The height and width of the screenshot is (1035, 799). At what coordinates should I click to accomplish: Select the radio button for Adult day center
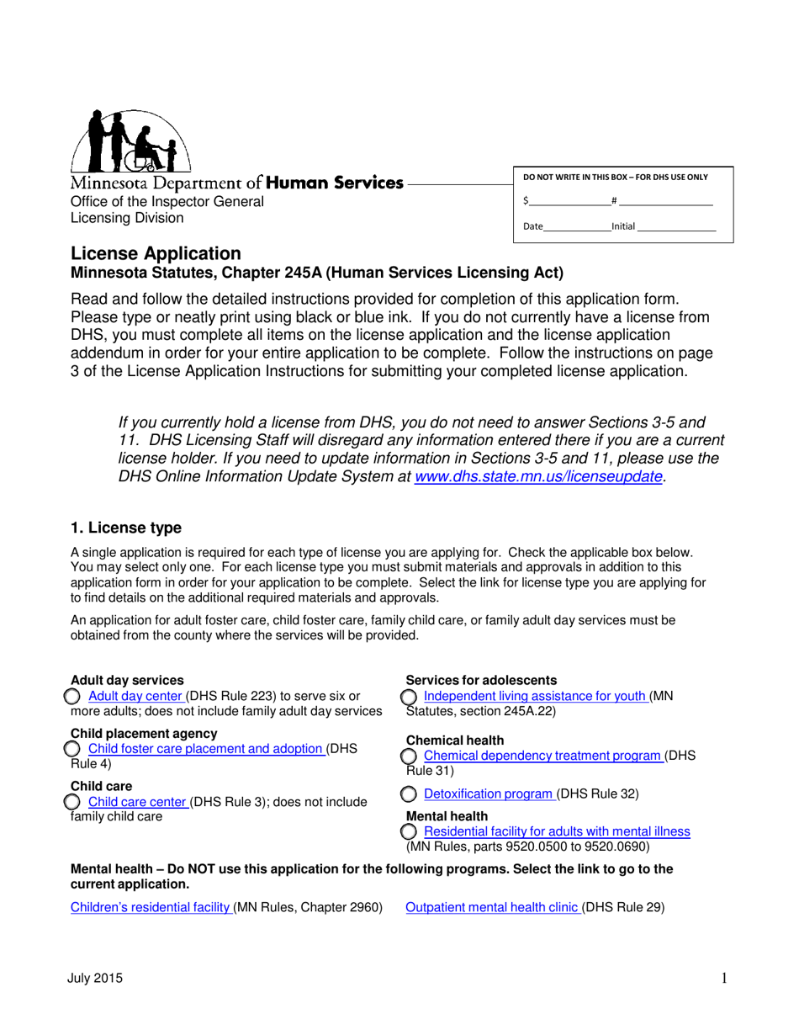(x=73, y=696)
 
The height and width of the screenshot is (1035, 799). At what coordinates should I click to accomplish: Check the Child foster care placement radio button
(x=73, y=749)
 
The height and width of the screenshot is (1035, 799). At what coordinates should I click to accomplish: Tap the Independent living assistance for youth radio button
(x=409, y=697)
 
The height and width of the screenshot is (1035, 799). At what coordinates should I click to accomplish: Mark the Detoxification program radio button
(x=409, y=793)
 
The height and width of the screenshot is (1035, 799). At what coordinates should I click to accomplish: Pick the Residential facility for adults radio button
(x=409, y=831)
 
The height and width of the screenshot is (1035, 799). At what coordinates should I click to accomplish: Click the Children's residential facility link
(x=150, y=907)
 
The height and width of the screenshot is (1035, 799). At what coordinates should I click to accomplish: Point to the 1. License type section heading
(x=126, y=528)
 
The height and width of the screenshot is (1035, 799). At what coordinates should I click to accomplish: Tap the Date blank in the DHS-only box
(x=577, y=226)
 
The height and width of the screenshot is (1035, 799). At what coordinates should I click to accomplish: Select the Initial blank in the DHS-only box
(x=676, y=226)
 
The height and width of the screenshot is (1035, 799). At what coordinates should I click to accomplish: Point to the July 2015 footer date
(x=97, y=978)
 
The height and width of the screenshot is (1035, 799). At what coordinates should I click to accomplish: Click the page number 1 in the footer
(x=723, y=978)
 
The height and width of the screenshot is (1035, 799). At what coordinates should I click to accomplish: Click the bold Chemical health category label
(x=455, y=740)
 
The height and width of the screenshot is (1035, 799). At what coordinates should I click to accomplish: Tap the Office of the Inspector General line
(x=167, y=201)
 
